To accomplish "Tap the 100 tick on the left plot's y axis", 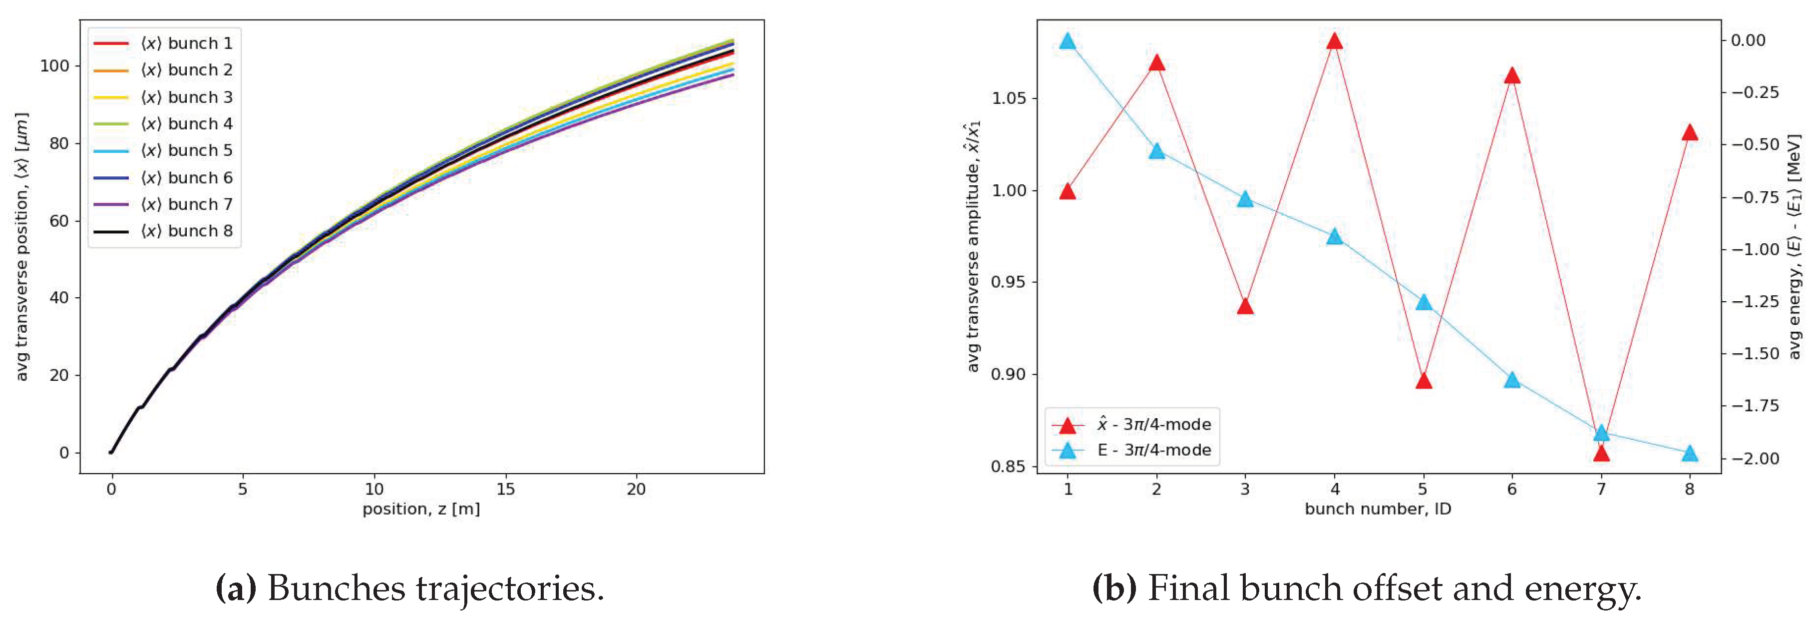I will (54, 65).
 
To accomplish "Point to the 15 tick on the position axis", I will (505, 489).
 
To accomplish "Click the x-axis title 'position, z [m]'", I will (421, 509).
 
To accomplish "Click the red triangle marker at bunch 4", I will (1334, 41).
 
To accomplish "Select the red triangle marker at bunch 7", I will (1601, 453).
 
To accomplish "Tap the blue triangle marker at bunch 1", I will (1068, 41).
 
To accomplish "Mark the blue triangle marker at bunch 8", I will (1689, 453).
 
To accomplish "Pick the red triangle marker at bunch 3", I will (1245, 306).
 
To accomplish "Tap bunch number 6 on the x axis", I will (1511, 489).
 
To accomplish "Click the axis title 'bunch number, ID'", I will (1378, 509).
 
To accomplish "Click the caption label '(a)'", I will (236, 588).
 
